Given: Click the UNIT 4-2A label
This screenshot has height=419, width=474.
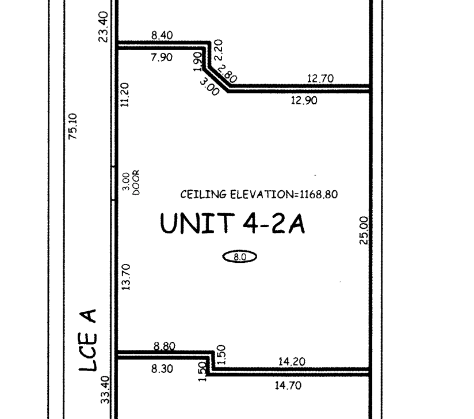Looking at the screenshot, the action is click(x=232, y=223).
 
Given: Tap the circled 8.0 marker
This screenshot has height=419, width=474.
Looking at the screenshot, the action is click(x=240, y=257).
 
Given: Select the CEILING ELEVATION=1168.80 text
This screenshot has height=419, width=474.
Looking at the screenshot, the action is click(x=259, y=194).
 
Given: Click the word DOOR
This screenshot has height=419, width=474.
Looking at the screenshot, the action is click(x=136, y=182).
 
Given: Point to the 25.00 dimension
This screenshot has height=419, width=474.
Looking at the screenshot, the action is click(x=364, y=231).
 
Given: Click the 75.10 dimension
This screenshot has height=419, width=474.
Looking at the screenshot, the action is click(x=73, y=126).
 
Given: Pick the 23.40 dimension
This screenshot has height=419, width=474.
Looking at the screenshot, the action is click(x=104, y=27).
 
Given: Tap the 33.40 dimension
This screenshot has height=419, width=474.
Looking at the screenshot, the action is click(x=105, y=390).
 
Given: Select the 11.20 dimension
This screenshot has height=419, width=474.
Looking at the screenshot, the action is click(x=125, y=95).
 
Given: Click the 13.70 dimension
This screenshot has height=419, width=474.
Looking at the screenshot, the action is click(x=126, y=277).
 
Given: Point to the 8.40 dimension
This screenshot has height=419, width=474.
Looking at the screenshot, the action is click(x=162, y=35).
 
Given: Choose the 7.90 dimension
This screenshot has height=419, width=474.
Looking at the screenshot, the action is click(x=162, y=57).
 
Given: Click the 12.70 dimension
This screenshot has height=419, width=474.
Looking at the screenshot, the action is click(x=320, y=78).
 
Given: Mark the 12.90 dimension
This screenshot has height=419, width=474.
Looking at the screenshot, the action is click(x=304, y=100).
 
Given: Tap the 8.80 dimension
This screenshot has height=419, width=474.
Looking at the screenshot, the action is click(x=164, y=346).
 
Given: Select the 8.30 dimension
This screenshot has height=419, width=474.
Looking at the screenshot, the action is click(x=162, y=369).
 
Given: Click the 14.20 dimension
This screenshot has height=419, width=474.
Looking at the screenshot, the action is click(x=292, y=361).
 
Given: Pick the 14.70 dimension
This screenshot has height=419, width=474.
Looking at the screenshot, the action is click(x=288, y=386).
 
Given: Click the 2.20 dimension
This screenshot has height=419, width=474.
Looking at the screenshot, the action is click(x=218, y=50).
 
